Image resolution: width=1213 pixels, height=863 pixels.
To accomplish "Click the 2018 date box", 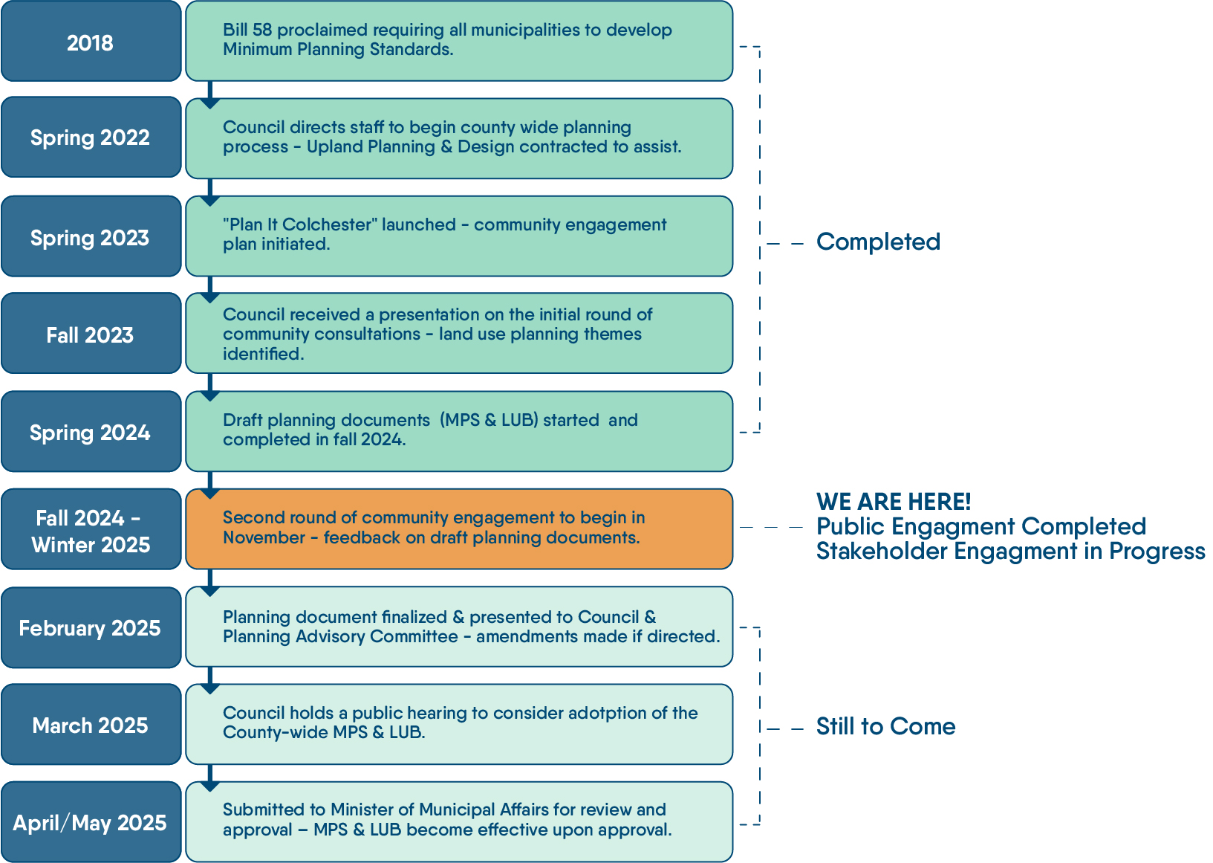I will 91,42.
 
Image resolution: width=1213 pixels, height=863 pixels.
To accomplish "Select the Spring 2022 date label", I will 91,138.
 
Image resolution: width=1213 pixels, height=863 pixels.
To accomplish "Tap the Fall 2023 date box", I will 91,334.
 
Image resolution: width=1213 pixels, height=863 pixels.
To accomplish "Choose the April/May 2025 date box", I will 91,822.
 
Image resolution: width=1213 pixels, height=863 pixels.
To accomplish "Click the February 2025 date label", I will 91,628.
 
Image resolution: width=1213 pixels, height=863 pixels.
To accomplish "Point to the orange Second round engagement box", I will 459,529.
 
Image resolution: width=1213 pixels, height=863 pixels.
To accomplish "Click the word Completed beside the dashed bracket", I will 878,242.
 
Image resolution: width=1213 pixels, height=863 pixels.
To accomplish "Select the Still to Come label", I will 885,726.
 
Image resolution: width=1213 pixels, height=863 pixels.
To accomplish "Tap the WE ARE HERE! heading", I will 894,502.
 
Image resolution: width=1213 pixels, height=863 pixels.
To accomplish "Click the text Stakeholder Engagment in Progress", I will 1010,552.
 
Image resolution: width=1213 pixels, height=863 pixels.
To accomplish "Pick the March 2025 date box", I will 91,725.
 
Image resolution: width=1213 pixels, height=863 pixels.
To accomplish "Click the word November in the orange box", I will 264,537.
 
